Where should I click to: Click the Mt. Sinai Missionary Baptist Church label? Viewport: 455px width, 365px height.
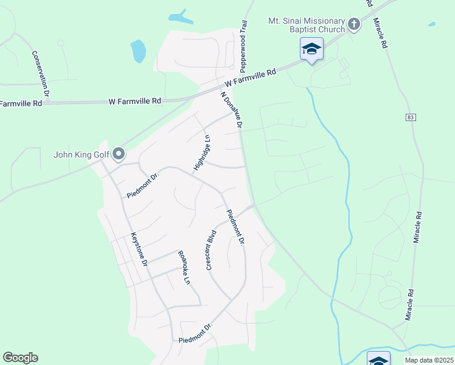[x=306, y=25]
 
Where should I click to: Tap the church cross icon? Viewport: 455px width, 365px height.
[x=353, y=25]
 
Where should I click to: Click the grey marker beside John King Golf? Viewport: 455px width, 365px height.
[x=119, y=155]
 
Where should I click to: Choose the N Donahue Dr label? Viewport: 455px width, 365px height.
[x=232, y=110]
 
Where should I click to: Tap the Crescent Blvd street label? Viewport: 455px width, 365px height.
[x=211, y=249]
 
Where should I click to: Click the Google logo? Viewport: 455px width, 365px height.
[x=20, y=358]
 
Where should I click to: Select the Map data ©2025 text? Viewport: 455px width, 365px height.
[x=429, y=360]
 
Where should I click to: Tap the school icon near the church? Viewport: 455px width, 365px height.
[x=311, y=49]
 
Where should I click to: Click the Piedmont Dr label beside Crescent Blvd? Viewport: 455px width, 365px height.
[x=235, y=228]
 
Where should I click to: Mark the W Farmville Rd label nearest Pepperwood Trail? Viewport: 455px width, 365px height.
[x=250, y=76]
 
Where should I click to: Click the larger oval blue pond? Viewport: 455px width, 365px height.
[x=138, y=51]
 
